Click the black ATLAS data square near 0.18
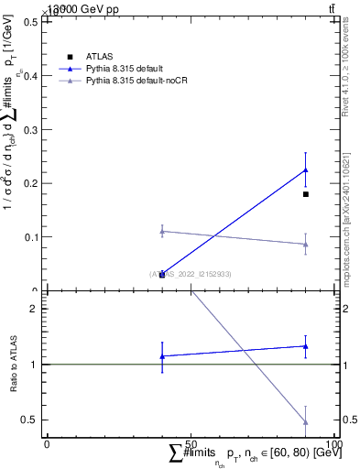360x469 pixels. coord(306,194)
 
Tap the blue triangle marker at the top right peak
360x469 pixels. coord(306,169)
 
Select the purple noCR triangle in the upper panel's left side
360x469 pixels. coord(162,231)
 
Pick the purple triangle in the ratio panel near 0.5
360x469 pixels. coord(306,422)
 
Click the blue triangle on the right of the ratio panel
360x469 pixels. coord(306,346)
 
